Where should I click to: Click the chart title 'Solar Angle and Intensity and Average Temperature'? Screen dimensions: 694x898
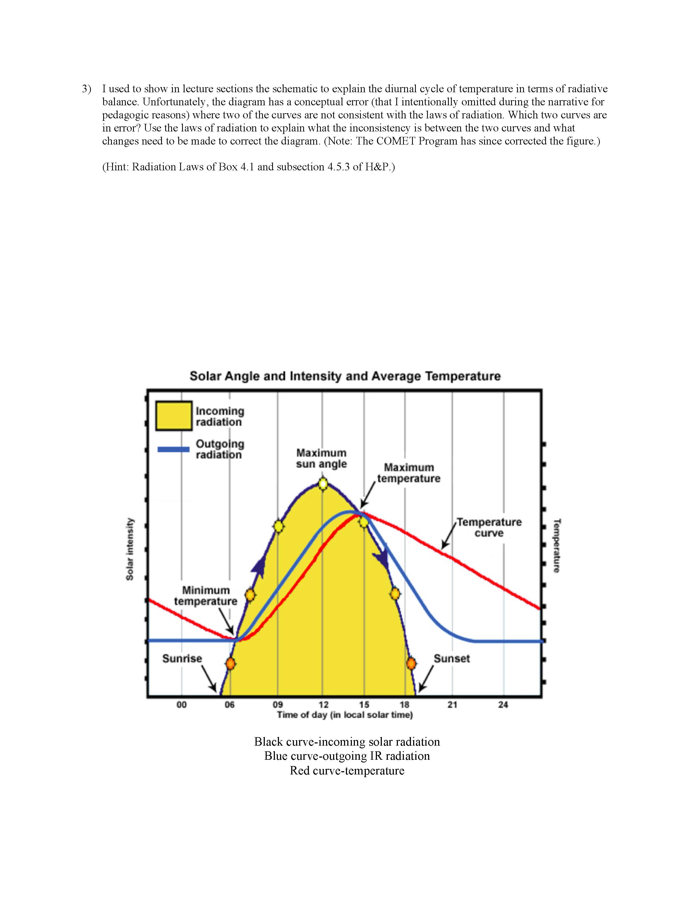(345, 376)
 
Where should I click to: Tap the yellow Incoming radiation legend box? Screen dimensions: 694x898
(174, 416)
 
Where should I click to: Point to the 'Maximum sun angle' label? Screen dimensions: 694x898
(321, 459)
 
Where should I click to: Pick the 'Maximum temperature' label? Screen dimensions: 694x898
(409, 473)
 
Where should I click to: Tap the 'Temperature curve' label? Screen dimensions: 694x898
(489, 528)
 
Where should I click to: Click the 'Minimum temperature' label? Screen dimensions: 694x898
(205, 596)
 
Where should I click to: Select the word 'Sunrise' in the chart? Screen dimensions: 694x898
(182, 658)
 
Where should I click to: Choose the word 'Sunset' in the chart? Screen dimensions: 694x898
(452, 658)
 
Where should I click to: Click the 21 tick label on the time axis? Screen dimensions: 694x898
(452, 705)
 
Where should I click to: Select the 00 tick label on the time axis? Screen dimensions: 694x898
(181, 705)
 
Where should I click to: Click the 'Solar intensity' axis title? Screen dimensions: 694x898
(130, 549)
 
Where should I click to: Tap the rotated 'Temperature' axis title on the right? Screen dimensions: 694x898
(557, 545)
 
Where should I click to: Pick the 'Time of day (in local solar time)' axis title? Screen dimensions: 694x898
(345, 715)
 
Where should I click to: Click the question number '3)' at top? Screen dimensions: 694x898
(86, 89)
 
